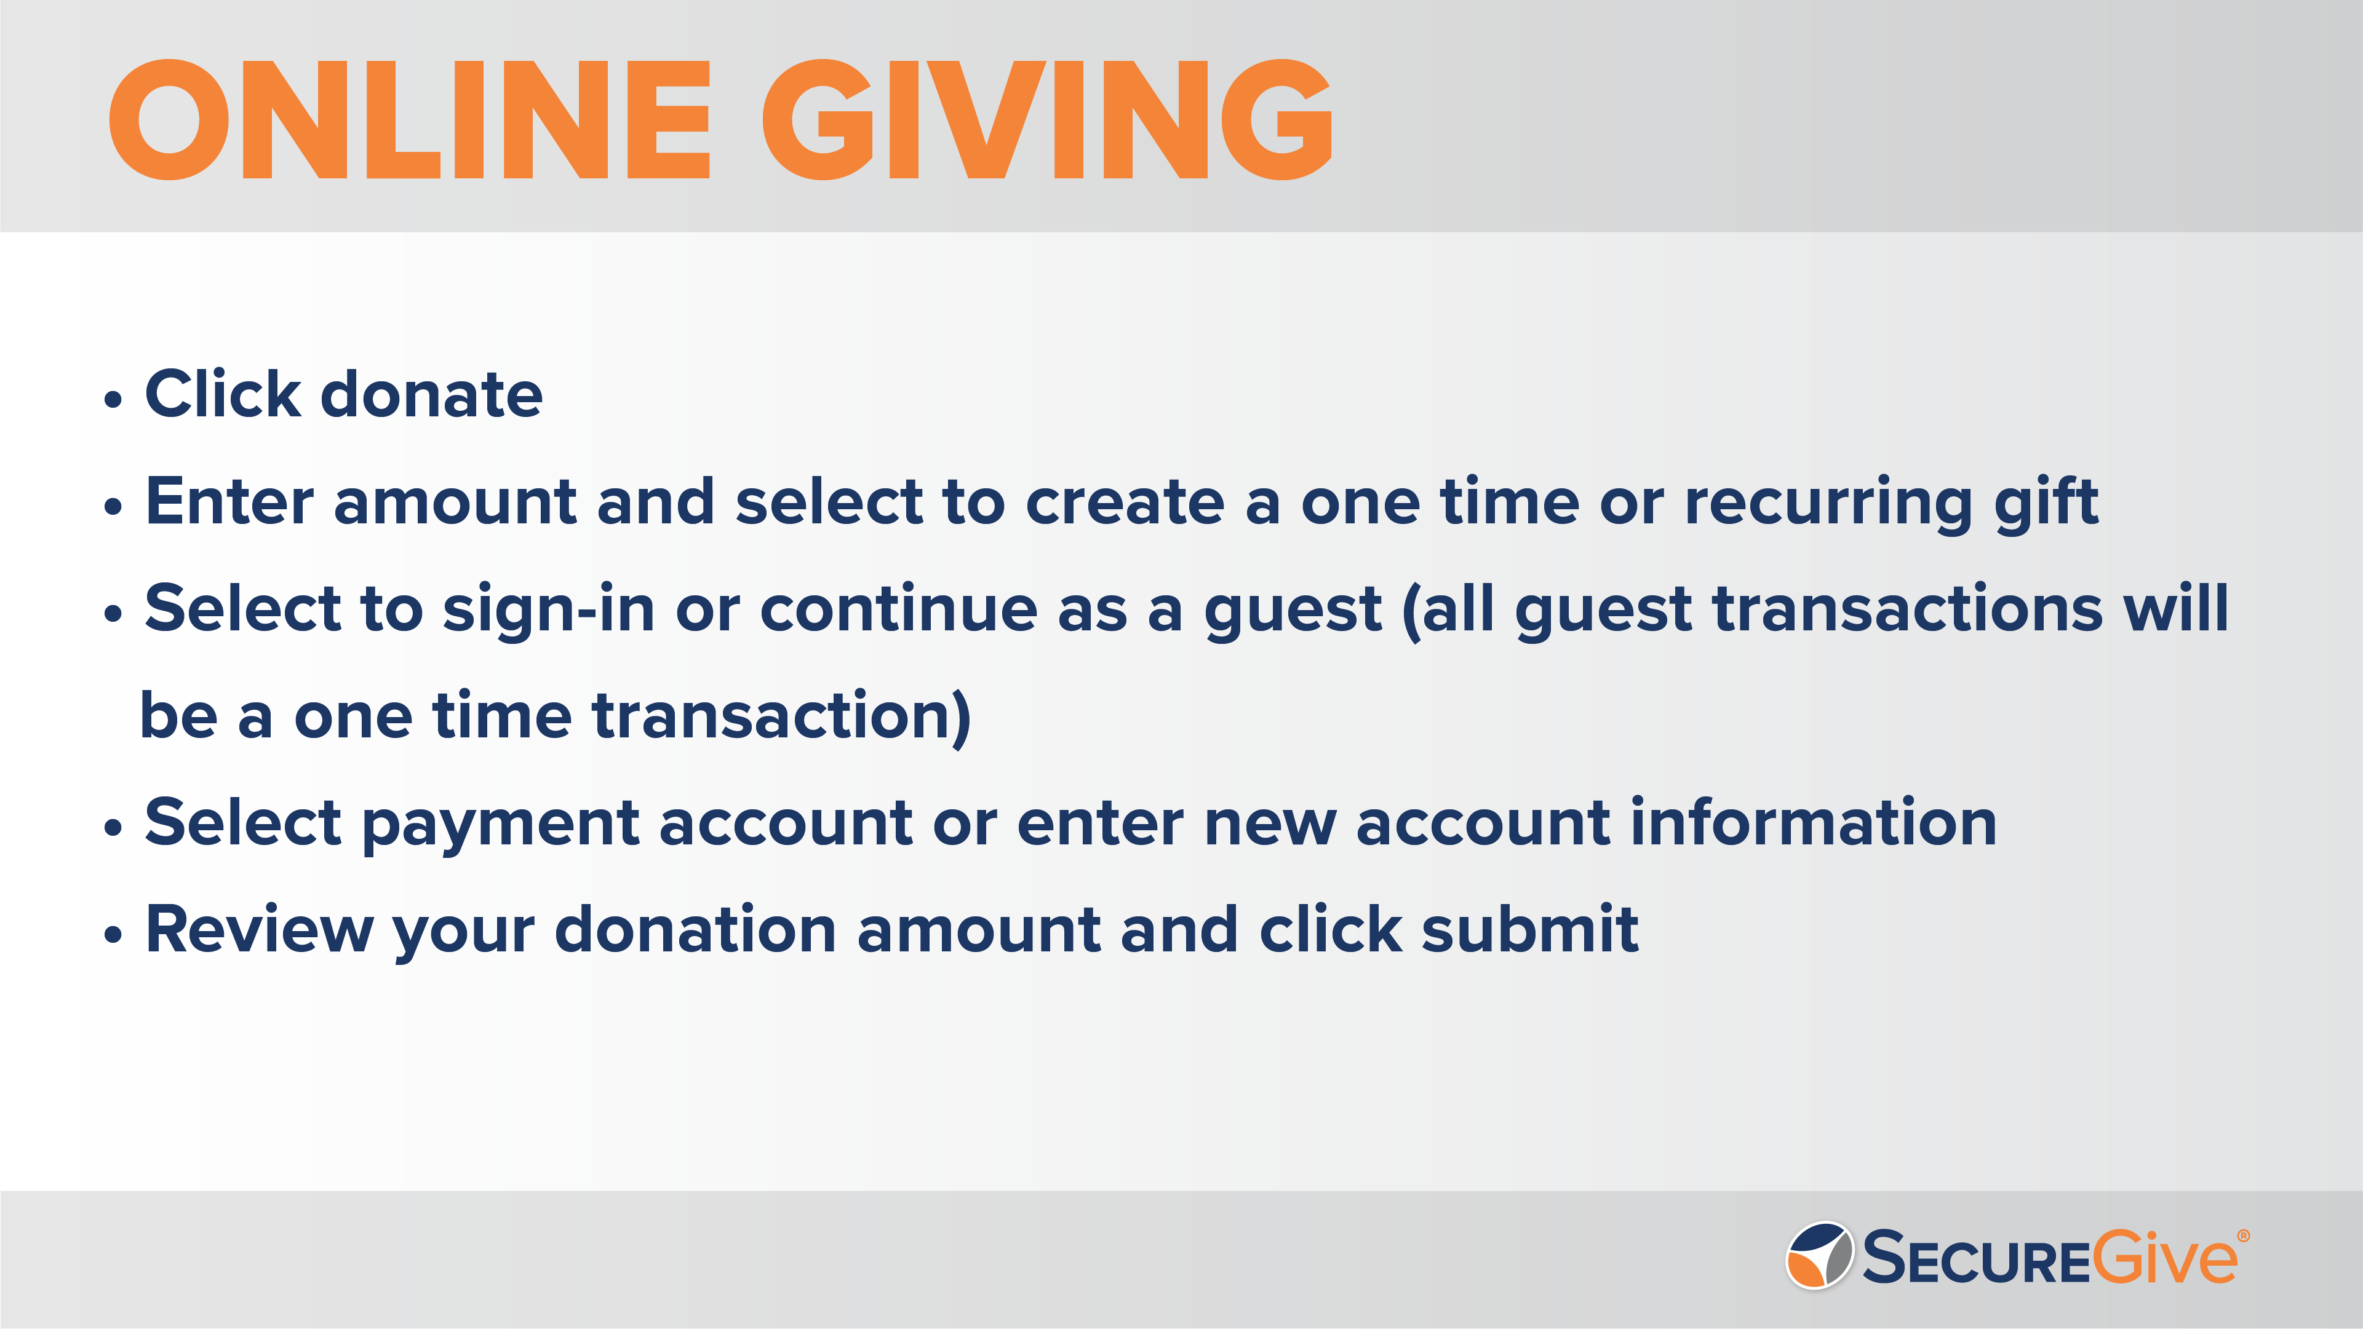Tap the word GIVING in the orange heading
click(1046, 119)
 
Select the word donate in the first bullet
click(431, 394)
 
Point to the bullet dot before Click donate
click(113, 400)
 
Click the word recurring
click(1828, 504)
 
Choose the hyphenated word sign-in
click(549, 610)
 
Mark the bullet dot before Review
click(113, 935)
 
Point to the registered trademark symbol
click(2244, 1236)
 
